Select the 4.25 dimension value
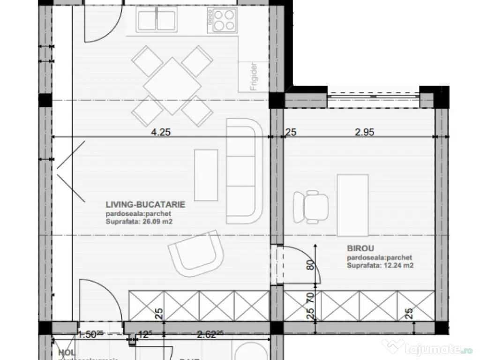[x=160, y=133]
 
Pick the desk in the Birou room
[x=352, y=205]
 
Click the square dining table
[x=167, y=86]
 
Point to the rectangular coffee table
[x=206, y=174]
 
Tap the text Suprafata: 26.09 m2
[x=139, y=222]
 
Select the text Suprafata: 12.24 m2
[x=380, y=265]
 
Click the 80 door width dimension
[x=309, y=265]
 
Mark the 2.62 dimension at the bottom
[x=206, y=335]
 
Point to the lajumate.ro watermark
[x=427, y=348]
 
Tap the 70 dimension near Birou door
[x=309, y=296]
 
